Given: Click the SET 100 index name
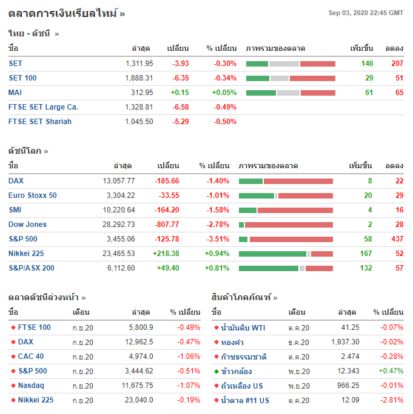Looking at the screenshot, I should coord(22,78).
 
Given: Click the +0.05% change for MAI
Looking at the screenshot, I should coord(224,93).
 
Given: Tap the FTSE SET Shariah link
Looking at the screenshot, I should coord(40,122).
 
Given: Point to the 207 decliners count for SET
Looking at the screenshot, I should coord(397,64).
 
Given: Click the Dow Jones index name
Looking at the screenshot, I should coord(27,225).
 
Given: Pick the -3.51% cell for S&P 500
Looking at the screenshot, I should coord(217,239).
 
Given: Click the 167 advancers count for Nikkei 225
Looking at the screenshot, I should coord(366,254).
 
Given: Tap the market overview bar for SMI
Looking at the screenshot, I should coord(286,210).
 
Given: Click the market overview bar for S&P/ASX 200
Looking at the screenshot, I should coord(286,268).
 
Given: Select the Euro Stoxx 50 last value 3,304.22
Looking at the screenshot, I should coord(120,195).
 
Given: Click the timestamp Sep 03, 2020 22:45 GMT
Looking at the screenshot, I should coord(366,13).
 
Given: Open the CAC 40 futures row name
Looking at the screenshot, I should coord(31,356).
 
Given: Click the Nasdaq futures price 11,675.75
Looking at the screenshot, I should coord(137,386).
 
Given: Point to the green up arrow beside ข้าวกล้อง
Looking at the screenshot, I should coord(217,371).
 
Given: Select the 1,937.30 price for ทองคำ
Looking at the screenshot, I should coord(346,342).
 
